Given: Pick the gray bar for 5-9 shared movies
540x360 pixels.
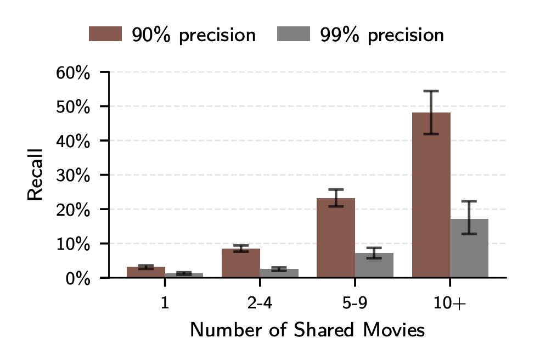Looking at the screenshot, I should point(374,266).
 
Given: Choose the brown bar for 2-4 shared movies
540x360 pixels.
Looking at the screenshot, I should point(240,264).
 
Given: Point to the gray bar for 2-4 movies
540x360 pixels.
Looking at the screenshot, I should point(279,273).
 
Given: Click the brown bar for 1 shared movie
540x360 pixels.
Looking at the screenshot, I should point(145,272).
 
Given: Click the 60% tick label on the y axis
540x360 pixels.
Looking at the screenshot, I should point(73,72).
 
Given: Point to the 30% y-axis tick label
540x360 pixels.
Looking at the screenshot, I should point(73,175).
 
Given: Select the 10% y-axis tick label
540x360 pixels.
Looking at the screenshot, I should point(73,244).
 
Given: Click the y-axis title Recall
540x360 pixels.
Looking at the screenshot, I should point(35,175).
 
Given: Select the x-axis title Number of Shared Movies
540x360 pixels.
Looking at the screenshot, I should point(307,330).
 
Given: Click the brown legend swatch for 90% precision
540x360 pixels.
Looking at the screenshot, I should point(104,35).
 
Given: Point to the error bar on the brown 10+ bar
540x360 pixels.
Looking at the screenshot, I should point(431,113).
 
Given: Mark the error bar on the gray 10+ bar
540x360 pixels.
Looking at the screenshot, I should point(469,217).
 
